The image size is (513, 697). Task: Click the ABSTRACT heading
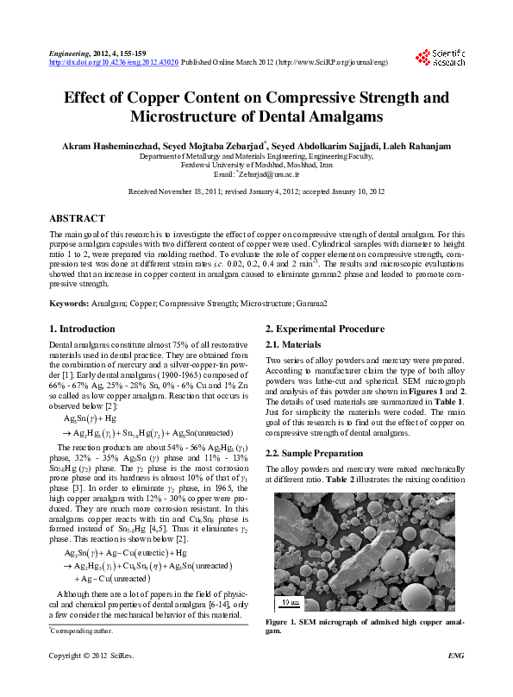pos(77,218)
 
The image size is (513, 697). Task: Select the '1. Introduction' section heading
pos(82,329)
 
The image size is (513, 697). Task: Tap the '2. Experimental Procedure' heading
pos(324,329)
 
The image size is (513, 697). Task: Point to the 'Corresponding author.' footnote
pos(80,631)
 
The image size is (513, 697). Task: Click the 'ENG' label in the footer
pos(457,681)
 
